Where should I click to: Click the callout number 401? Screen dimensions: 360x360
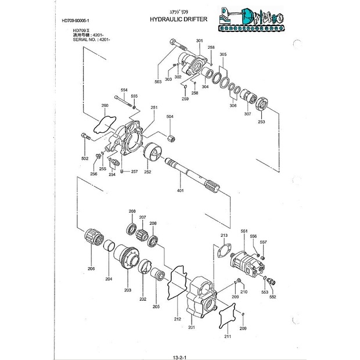tap(180, 190)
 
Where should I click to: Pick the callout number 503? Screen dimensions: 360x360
tap(157, 82)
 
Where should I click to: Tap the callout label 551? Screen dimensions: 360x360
tap(243, 231)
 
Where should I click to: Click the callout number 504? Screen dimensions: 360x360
tap(170, 117)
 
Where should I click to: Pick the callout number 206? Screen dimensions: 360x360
tap(91, 269)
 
